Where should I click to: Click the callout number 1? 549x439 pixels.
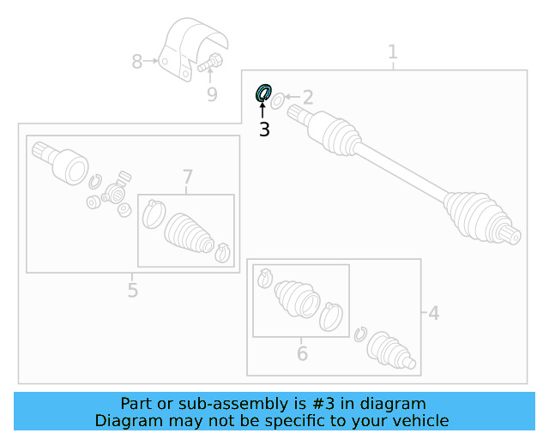pyautogui.click(x=393, y=52)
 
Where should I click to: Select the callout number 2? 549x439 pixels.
pyautogui.click(x=307, y=98)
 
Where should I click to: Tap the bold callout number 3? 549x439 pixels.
pyautogui.click(x=264, y=129)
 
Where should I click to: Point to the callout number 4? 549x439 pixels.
pyautogui.click(x=434, y=314)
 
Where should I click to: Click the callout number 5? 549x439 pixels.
pyautogui.click(x=132, y=290)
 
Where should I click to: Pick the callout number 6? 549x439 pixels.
pyautogui.click(x=302, y=352)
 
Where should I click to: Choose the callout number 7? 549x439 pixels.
pyautogui.click(x=188, y=177)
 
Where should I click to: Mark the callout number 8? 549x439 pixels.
pyautogui.click(x=137, y=61)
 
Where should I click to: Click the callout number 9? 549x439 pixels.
pyautogui.click(x=212, y=93)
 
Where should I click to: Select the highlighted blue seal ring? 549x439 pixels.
pyautogui.click(x=264, y=92)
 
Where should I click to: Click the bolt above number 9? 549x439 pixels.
pyautogui.click(x=210, y=62)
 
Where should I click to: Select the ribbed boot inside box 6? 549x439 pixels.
pyautogui.click(x=296, y=299)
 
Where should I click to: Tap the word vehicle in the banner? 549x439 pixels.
pyautogui.click(x=419, y=420)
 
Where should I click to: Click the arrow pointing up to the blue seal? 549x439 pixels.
pyautogui.click(x=263, y=109)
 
